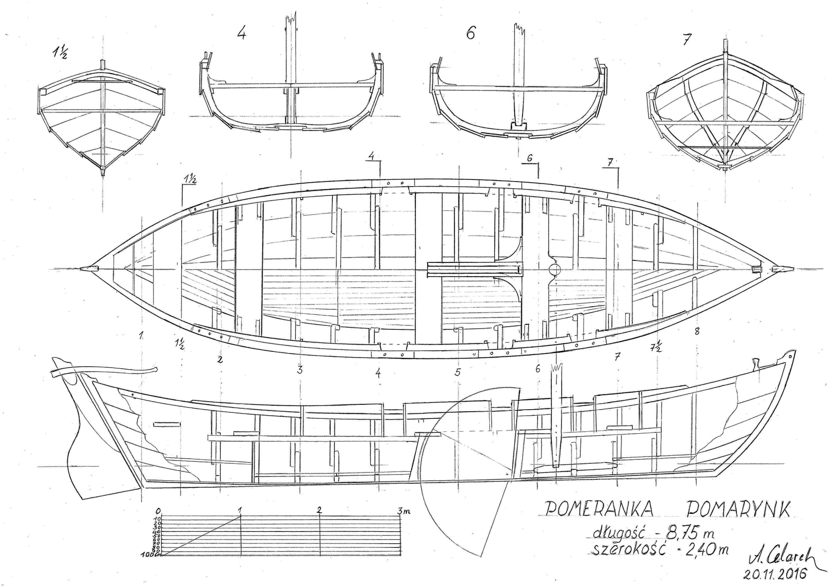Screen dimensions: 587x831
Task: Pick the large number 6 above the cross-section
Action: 470,34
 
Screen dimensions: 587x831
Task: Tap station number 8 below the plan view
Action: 697,331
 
